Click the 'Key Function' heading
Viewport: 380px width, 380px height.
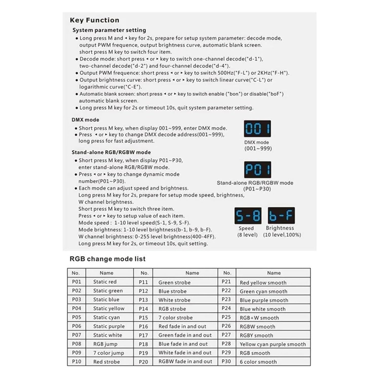point(94,20)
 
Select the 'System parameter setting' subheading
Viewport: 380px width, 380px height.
point(109,30)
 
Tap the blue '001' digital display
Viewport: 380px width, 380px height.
point(257,129)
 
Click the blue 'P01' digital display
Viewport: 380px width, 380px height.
point(257,169)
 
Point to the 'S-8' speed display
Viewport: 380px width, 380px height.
point(248,216)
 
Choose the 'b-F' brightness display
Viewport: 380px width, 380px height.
point(281,216)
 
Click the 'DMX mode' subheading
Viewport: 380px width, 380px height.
point(85,120)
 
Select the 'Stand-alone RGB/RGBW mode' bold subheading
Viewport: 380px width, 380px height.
point(111,152)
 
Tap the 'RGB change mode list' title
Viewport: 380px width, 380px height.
point(107,259)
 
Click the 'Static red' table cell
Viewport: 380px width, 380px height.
point(105,282)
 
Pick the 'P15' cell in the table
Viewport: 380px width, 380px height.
point(143,317)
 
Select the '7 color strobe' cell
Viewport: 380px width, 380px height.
point(176,317)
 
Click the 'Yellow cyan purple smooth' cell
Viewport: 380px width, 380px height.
point(273,344)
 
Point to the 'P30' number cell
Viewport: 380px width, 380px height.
point(226,362)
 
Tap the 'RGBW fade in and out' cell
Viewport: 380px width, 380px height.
point(185,362)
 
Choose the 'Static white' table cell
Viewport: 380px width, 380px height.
point(107,335)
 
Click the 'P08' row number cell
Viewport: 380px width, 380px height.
point(77,344)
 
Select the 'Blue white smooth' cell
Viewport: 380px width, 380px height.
point(262,309)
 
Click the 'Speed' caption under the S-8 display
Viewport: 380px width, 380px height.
point(246,228)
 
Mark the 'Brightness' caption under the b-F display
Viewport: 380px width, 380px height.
point(280,228)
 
